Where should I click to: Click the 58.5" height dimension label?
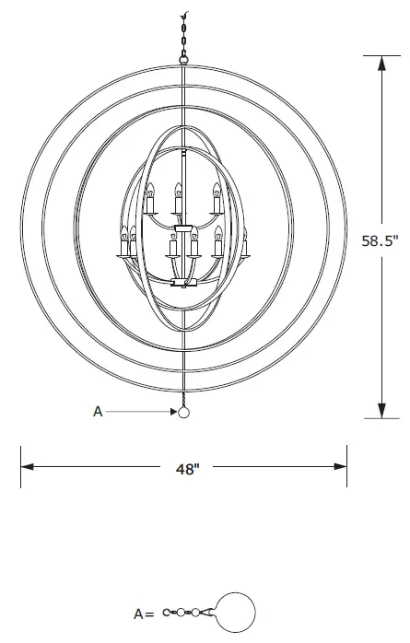click(x=380, y=241)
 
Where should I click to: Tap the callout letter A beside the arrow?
click(x=98, y=413)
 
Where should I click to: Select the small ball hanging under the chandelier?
click(x=183, y=413)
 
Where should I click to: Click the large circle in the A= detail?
click(x=235, y=610)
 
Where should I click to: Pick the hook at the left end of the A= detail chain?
click(x=167, y=610)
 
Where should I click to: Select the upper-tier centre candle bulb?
click(x=178, y=192)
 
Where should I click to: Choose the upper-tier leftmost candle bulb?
click(x=147, y=192)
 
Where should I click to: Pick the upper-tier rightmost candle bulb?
click(x=217, y=192)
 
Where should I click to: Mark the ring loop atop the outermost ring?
click(x=184, y=61)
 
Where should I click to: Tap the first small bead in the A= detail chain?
click(x=182, y=610)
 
